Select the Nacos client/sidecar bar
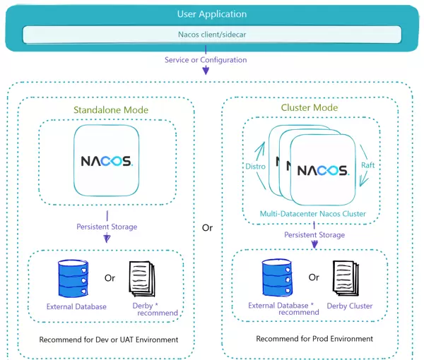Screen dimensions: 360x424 pos(212,34)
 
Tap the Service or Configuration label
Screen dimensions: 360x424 pos(206,60)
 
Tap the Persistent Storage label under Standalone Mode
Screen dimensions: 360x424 pos(107,227)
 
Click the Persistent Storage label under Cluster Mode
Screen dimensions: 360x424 pos(314,234)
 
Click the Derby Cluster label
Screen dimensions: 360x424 pos(350,306)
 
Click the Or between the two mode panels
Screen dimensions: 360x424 pos(207,228)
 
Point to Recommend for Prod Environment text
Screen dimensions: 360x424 pos(314,339)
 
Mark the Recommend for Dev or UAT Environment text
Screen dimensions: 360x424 pos(109,340)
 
